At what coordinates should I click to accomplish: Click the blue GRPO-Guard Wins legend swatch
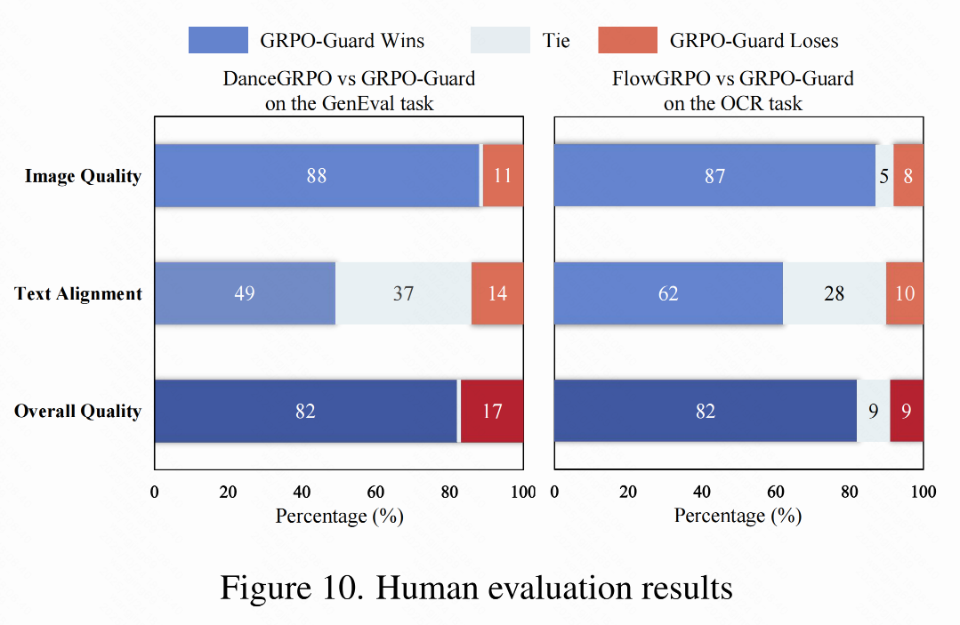tap(218, 40)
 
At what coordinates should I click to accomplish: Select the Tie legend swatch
tap(499, 40)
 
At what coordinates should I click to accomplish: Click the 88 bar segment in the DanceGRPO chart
tap(317, 176)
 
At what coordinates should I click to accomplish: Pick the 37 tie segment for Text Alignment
tap(403, 293)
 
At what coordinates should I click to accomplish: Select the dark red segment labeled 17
tap(492, 411)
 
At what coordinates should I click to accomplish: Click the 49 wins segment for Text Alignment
tap(245, 293)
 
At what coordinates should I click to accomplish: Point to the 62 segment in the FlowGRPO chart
tap(668, 293)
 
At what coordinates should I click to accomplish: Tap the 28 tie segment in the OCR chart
tap(834, 293)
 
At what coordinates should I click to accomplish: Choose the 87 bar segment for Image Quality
tap(714, 176)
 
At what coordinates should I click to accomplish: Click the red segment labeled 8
tap(908, 176)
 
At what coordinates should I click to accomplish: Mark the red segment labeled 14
tap(497, 293)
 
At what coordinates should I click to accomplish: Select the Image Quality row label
tap(83, 176)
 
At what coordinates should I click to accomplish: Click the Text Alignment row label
tap(78, 293)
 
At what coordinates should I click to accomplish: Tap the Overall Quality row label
tap(78, 411)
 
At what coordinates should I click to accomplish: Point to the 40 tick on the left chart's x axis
tap(303, 493)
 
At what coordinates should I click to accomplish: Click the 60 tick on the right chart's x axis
tap(776, 493)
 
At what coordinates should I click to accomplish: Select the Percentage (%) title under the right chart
tap(738, 516)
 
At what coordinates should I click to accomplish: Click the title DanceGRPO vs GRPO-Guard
tap(349, 79)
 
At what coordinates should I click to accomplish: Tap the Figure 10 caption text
tap(476, 588)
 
